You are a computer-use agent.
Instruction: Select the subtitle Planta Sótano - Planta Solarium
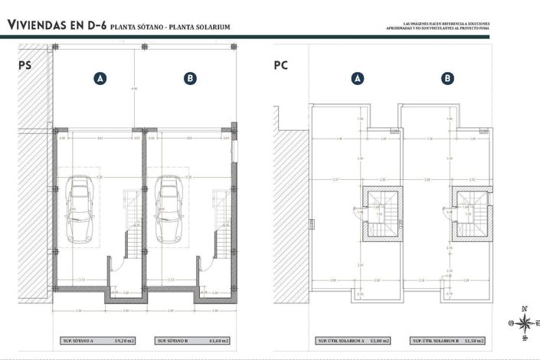pos(170,28)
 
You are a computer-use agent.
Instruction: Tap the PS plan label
pos(25,66)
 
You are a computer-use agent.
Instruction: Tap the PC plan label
pos(280,66)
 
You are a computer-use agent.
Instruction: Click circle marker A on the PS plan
pos(99,77)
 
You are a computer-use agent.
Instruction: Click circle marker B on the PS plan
pos(190,77)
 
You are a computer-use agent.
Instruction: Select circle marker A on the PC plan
pos(357,77)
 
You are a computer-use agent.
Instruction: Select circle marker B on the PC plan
pos(447,77)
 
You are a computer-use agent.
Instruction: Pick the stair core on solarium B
pos(468,212)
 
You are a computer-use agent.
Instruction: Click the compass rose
pos(524,322)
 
